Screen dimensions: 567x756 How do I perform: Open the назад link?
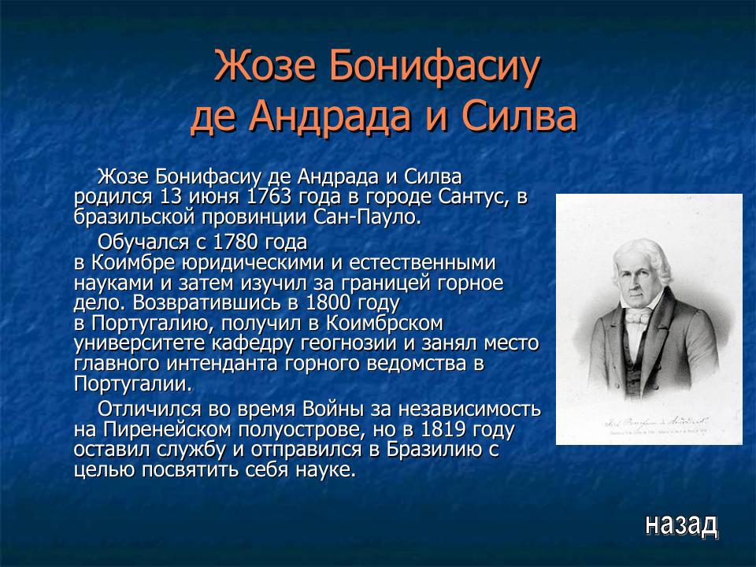(x=680, y=524)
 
